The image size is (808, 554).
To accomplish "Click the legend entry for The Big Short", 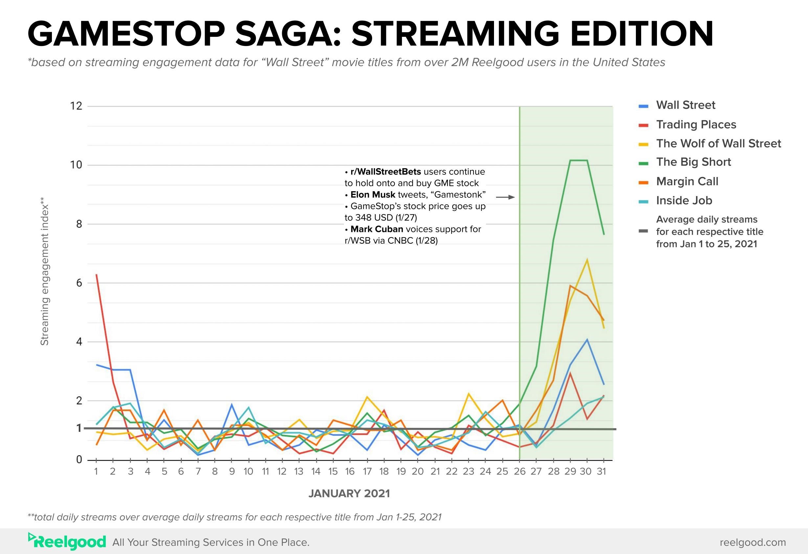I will [693, 162].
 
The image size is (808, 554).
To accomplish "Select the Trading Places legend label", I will [696, 124].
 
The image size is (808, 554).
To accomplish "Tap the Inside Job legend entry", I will [684, 201].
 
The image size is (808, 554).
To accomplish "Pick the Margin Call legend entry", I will [687, 181].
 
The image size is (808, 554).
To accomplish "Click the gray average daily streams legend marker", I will [643, 231].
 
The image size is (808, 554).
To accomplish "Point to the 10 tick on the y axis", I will [76, 165].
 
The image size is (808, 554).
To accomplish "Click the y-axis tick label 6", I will [79, 283].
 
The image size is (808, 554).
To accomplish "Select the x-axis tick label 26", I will [519, 472].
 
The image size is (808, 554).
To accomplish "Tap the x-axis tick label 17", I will [367, 472].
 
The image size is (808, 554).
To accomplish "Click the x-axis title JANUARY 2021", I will [349, 494].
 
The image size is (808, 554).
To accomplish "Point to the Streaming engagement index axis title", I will [44, 271].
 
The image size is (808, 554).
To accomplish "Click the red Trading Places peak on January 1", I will [96, 275].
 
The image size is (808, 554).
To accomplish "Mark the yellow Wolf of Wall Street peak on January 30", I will [587, 260].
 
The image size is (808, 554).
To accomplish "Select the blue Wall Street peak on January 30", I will [587, 340].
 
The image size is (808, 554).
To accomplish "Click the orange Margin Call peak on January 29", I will [570, 286].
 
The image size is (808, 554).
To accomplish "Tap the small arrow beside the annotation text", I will [505, 197].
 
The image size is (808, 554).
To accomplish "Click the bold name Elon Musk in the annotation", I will [373, 195].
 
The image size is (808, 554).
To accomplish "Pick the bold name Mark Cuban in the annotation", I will [376, 229].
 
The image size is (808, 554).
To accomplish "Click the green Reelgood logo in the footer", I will [67, 542].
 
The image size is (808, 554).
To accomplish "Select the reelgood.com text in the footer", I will [752, 542].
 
